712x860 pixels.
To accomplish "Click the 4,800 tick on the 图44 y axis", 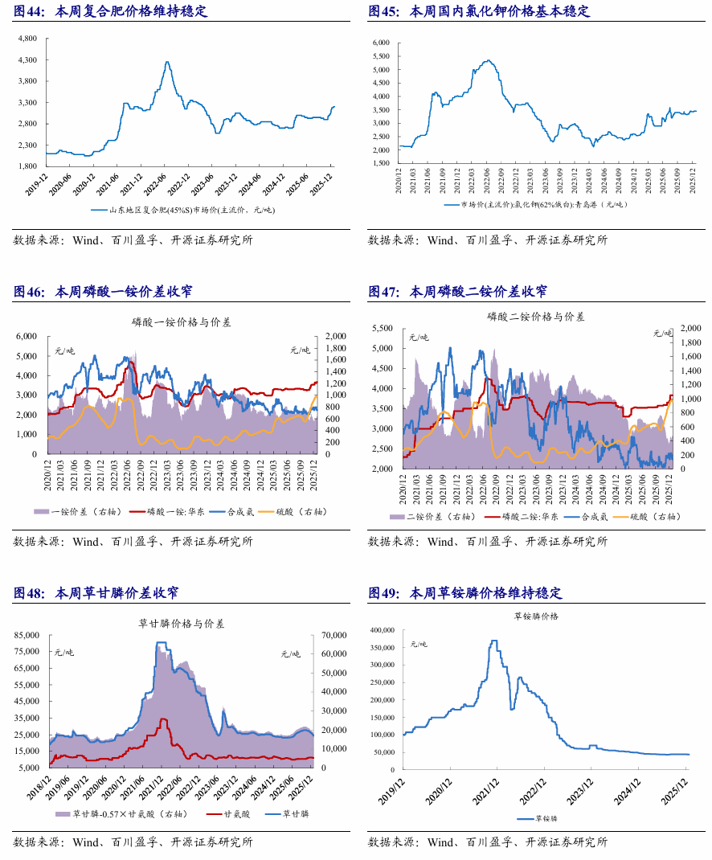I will (x=27, y=39).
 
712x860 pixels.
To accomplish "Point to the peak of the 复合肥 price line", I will (x=166, y=62).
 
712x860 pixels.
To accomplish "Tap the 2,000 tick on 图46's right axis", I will (x=334, y=336).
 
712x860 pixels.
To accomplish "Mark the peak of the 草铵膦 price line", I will (x=494, y=641).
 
